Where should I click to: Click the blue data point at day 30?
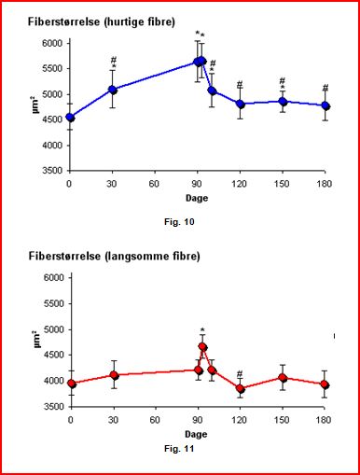tap(113, 91)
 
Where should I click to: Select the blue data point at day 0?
tap(70, 118)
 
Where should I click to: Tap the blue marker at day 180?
tap(325, 106)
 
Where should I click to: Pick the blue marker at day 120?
tap(241, 104)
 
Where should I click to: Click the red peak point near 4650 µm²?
tap(203, 347)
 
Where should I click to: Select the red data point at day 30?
tap(115, 375)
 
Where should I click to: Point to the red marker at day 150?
tap(283, 378)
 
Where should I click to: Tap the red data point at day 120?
tap(240, 388)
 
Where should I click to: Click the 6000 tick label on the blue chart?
tap(52, 43)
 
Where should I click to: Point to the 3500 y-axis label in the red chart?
tap(53, 406)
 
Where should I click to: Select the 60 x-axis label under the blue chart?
tap(154, 184)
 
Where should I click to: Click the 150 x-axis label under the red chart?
tap(282, 420)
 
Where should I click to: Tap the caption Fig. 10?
tap(179, 222)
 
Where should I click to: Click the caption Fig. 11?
tap(179, 449)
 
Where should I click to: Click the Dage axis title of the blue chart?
tap(197, 198)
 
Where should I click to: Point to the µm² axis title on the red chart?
tap(36, 339)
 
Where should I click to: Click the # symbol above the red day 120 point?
tap(240, 373)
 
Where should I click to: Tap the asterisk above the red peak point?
tap(202, 329)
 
